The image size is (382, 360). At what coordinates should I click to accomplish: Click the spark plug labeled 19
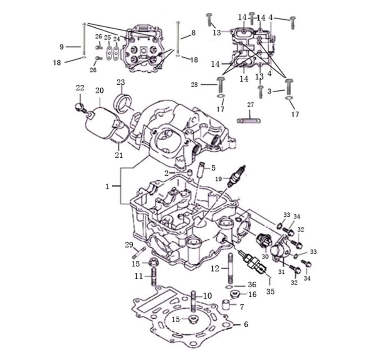pyautogui.click(x=236, y=176)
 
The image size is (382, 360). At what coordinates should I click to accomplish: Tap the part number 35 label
pyautogui.click(x=270, y=291)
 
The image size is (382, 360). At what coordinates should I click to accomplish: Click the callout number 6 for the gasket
pyautogui.click(x=246, y=324)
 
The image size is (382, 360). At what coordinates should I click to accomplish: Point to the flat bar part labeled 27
pyautogui.click(x=249, y=120)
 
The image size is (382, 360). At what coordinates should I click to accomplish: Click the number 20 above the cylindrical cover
pyautogui.click(x=100, y=90)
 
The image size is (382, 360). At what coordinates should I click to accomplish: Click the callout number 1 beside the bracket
pyautogui.click(x=107, y=187)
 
